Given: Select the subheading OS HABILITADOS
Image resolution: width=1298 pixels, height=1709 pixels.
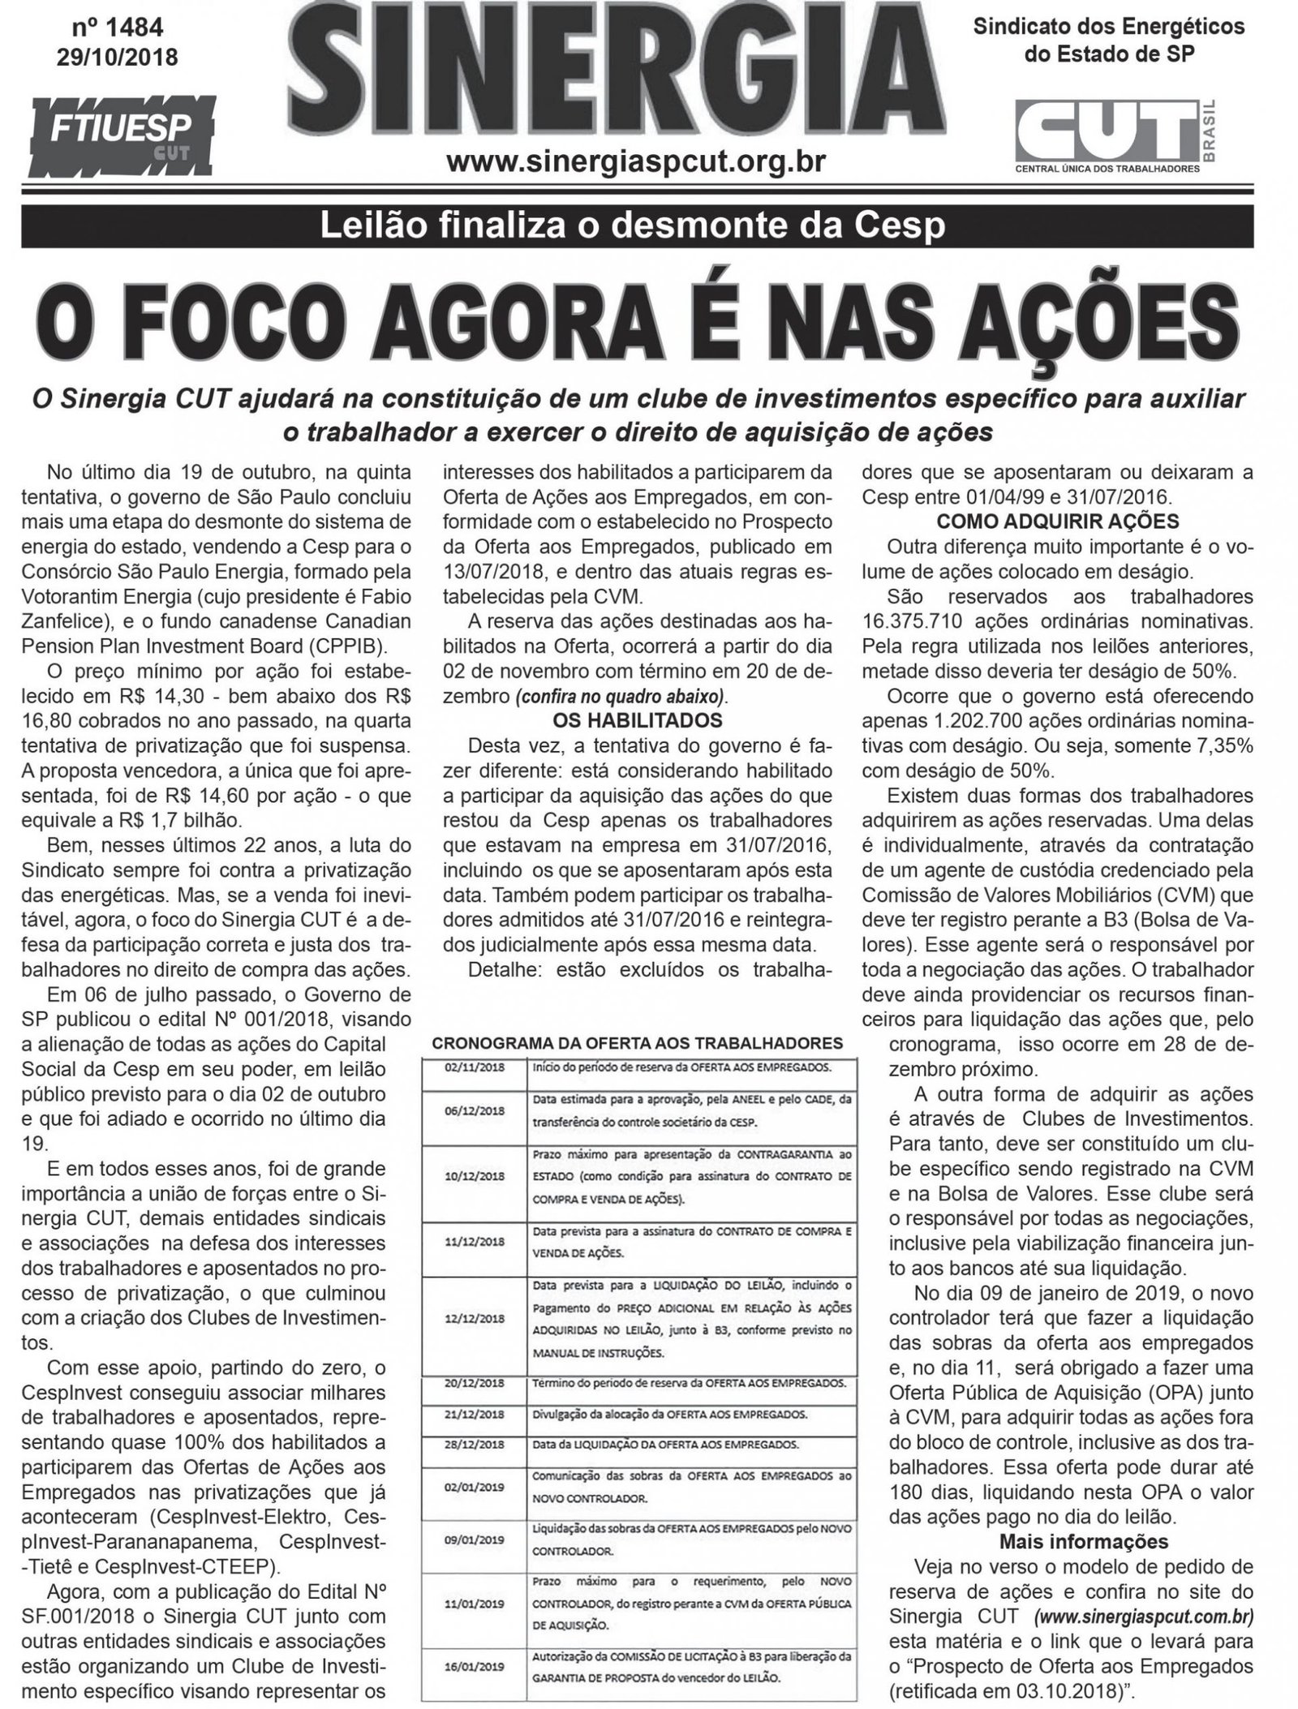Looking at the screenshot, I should coord(636,719).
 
